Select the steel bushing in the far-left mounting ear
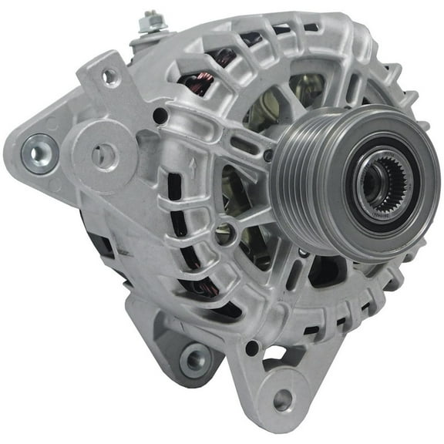tap(38, 150)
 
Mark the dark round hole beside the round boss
tap(160, 116)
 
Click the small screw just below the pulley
tap(304, 252)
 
